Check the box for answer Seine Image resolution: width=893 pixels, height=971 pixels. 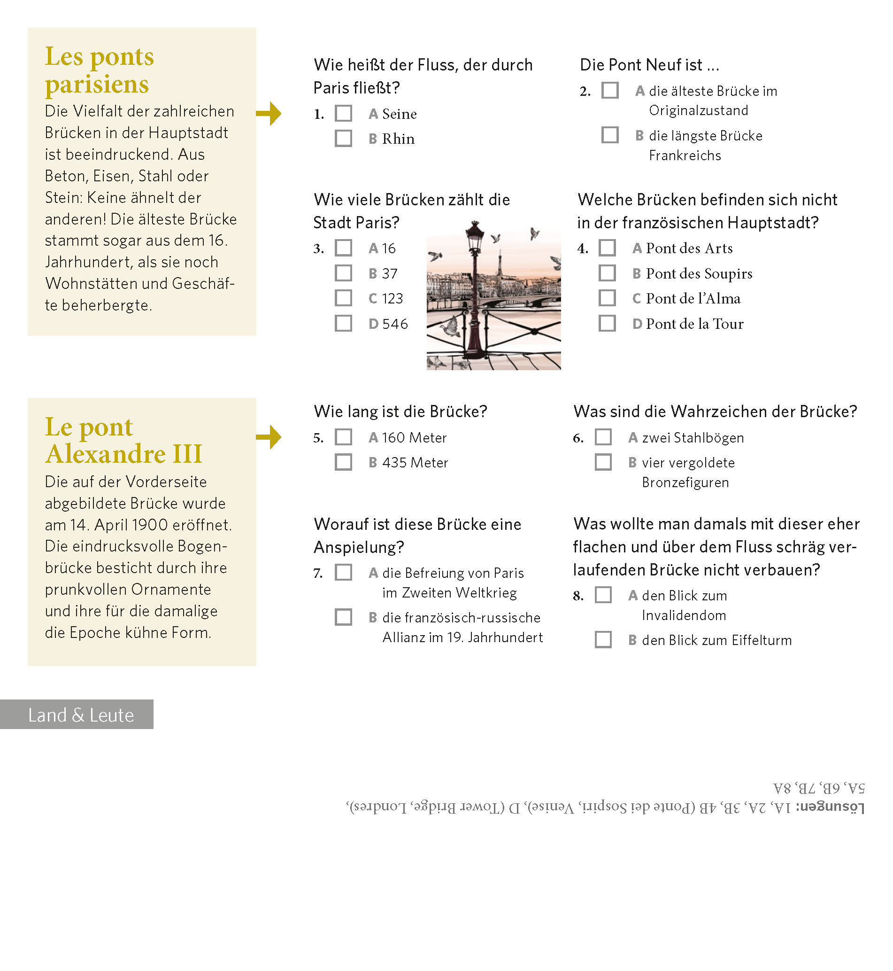343,114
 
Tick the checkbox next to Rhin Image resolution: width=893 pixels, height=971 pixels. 343,139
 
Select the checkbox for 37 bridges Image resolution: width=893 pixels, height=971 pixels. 343,273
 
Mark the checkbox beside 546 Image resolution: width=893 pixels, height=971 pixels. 343,324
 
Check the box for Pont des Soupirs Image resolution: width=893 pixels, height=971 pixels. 607,273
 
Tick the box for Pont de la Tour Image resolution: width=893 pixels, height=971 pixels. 607,324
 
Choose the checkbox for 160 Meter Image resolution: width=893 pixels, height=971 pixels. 343,437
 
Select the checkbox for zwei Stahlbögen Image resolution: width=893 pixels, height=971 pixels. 603,437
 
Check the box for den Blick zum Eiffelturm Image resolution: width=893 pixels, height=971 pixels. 603,640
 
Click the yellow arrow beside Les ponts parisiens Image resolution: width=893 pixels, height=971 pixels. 269,114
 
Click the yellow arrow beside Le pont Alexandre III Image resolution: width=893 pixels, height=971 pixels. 269,437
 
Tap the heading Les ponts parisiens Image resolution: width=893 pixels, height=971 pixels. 99,70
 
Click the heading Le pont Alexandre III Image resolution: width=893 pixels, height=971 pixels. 123,441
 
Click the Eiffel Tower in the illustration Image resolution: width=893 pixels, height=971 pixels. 500,264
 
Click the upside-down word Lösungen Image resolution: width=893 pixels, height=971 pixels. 830,807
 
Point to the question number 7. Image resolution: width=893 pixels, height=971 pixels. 318,574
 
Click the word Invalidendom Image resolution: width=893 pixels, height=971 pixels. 684,615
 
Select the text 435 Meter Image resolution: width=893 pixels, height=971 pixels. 415,463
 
